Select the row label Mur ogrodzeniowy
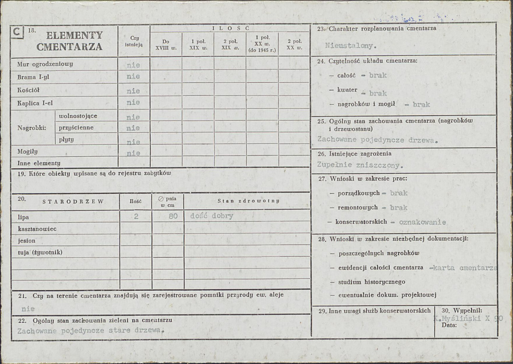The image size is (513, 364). point(45,64)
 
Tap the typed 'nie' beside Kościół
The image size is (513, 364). point(133,91)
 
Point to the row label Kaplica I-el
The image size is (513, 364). point(35,103)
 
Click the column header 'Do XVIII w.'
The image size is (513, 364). point(166,45)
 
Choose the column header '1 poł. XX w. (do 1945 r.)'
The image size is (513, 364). point(262,44)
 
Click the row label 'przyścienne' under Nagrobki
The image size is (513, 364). point(76,128)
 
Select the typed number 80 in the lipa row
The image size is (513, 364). point(173,216)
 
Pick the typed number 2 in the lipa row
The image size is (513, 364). point(136,216)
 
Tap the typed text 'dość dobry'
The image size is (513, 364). point(212,216)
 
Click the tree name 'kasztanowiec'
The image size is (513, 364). point(37,229)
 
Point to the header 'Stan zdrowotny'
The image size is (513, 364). point(248,200)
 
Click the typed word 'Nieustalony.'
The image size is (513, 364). point(351,45)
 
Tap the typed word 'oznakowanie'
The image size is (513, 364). point(422,222)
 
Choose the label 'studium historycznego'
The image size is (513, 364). point(372,282)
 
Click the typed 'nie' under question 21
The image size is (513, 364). point(28,308)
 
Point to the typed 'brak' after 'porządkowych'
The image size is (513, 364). point(399,193)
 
